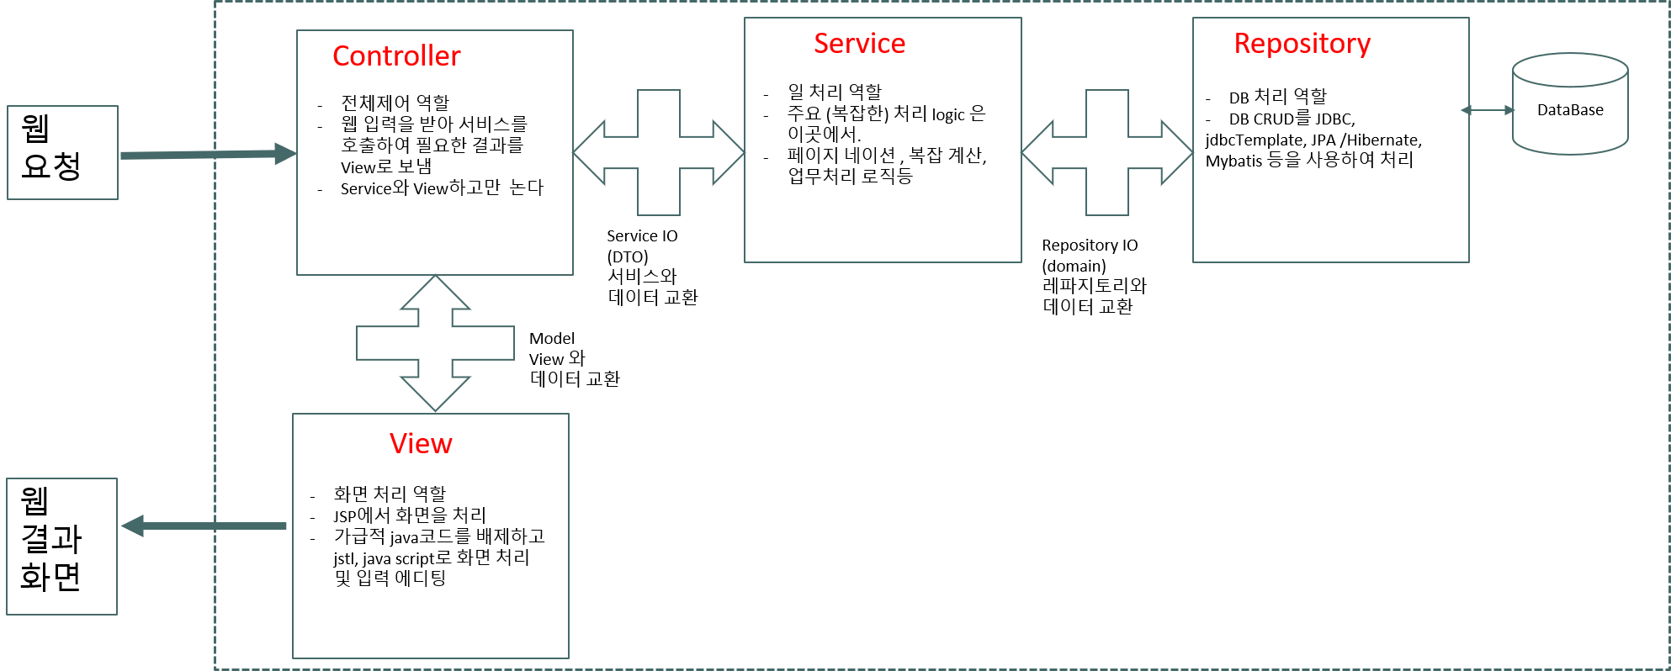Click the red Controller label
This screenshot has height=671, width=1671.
(x=396, y=56)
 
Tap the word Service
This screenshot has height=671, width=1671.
(x=859, y=44)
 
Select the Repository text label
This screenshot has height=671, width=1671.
(x=1302, y=44)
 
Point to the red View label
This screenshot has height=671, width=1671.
(x=421, y=444)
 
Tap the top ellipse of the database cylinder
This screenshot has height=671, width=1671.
(x=1570, y=70)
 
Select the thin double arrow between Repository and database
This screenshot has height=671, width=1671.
(x=1488, y=110)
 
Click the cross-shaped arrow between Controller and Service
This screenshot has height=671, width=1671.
(x=659, y=152)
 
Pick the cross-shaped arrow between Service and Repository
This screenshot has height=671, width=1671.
(x=1107, y=152)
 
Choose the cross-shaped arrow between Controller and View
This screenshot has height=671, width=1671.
(x=435, y=343)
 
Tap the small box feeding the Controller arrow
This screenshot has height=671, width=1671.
(x=62, y=152)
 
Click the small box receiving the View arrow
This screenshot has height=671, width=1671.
(x=61, y=547)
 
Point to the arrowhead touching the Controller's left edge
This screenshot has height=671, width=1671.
(x=286, y=154)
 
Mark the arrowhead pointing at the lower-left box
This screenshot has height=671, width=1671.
(x=132, y=526)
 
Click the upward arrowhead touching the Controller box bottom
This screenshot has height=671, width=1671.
(x=435, y=291)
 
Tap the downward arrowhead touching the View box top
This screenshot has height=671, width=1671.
(x=435, y=395)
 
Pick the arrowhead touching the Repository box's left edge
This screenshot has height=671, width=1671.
(x=1178, y=152)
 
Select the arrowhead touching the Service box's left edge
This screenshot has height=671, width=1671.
(x=729, y=152)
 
